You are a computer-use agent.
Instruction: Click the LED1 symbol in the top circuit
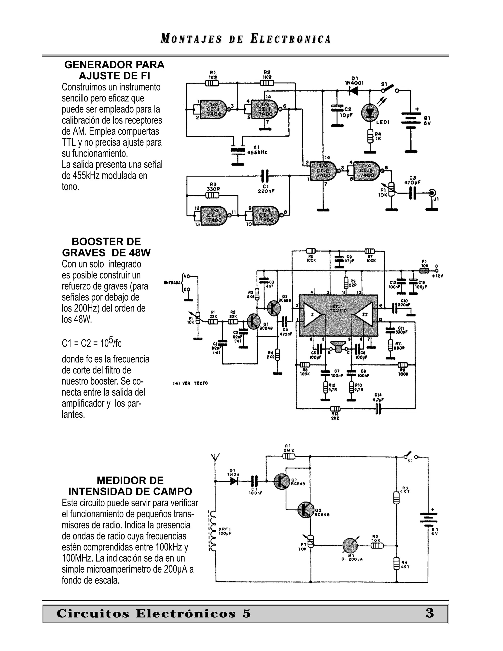coord(370,112)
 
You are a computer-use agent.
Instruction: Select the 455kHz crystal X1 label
coord(257,150)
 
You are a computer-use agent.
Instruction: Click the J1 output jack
coord(432,193)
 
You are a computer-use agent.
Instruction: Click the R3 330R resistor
coord(212,196)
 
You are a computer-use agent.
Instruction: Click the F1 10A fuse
coord(424,271)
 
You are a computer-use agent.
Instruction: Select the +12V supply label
coord(437,276)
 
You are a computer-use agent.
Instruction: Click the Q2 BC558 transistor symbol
coord(274,308)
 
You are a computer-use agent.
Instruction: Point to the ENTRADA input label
coord(172,282)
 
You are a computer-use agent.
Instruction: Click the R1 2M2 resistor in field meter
coord(288,457)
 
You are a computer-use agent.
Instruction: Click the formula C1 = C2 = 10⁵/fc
coord(91,343)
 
